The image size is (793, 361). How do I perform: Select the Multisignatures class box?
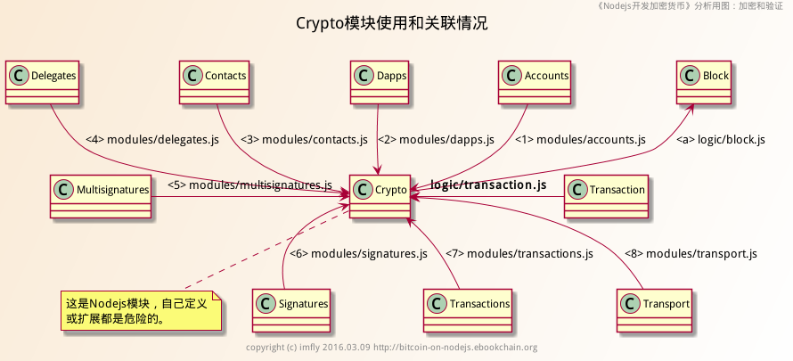[101, 197]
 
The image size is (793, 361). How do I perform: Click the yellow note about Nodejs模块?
[140, 310]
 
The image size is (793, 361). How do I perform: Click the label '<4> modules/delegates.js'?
[152, 140]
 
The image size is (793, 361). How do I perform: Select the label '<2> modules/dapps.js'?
[436, 140]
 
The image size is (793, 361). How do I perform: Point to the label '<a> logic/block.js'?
[720, 140]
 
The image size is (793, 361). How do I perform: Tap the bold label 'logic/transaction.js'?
[488, 185]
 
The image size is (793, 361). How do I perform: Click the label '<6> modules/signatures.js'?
[361, 254]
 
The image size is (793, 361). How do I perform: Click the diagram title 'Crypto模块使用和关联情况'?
[392, 24]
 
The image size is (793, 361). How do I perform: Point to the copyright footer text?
[391, 348]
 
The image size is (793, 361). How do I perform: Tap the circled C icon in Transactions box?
[437, 304]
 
